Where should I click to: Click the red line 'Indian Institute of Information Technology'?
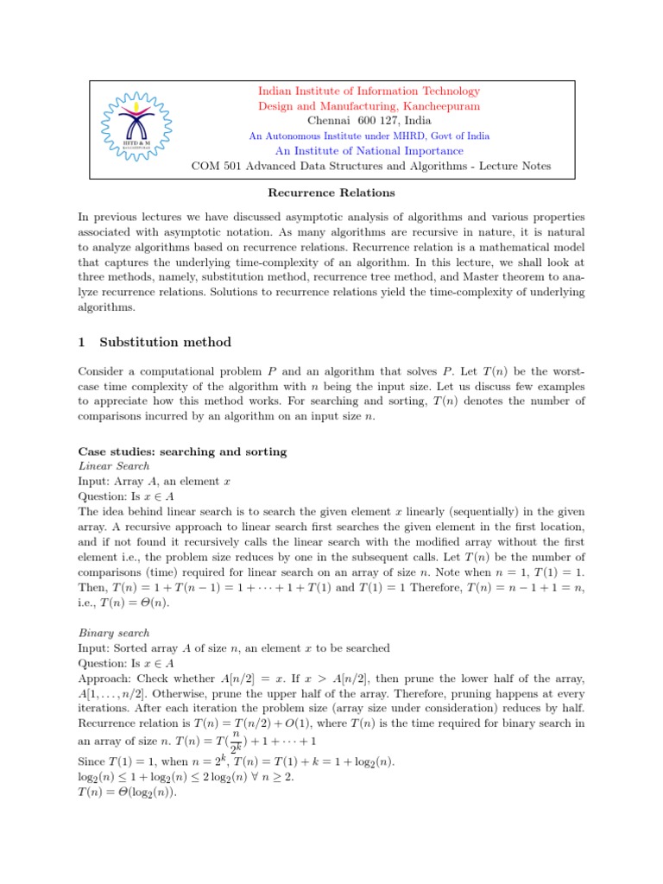coord(369,92)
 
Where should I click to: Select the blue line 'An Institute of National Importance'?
coord(369,150)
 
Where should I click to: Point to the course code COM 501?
coord(216,166)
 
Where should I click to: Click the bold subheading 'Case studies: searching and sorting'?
coord(182,452)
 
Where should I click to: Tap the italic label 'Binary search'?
coord(114,633)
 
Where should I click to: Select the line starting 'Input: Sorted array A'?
coord(233,647)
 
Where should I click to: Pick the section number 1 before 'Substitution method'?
coord(82,343)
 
